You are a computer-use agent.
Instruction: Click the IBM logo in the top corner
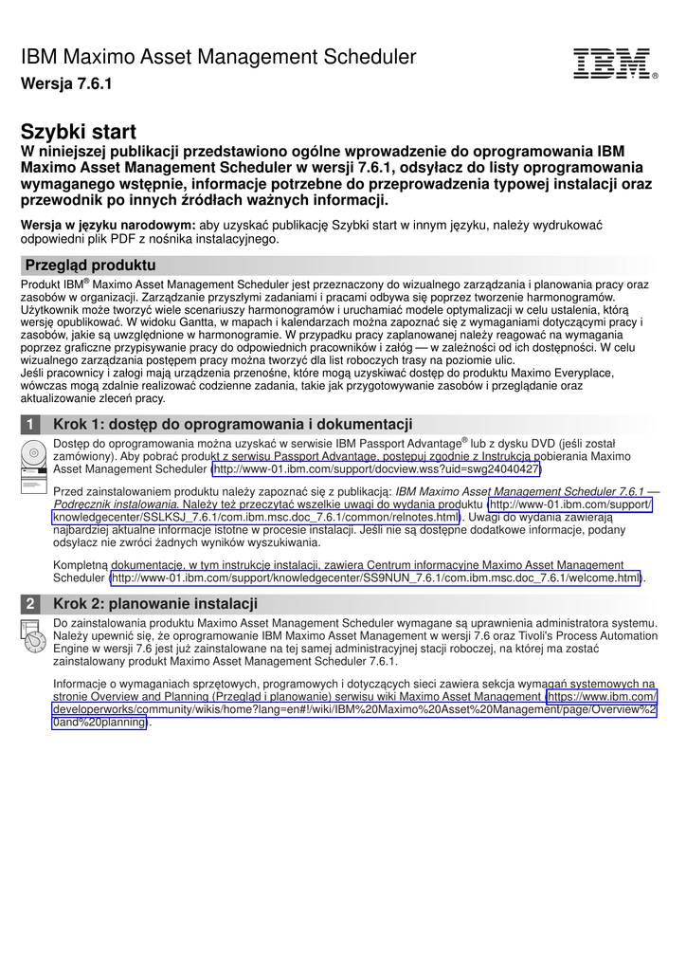pos(611,64)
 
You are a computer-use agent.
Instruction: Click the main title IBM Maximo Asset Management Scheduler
pos(219,57)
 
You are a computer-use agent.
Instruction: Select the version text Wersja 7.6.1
pos(66,84)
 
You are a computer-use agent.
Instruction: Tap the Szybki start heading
pos(79,132)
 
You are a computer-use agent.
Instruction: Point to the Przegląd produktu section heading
pos(91,266)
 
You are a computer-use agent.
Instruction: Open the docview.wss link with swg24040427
pos(376,468)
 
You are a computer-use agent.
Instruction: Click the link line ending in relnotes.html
pos(256,518)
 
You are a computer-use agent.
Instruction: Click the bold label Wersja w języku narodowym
pos(108,225)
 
